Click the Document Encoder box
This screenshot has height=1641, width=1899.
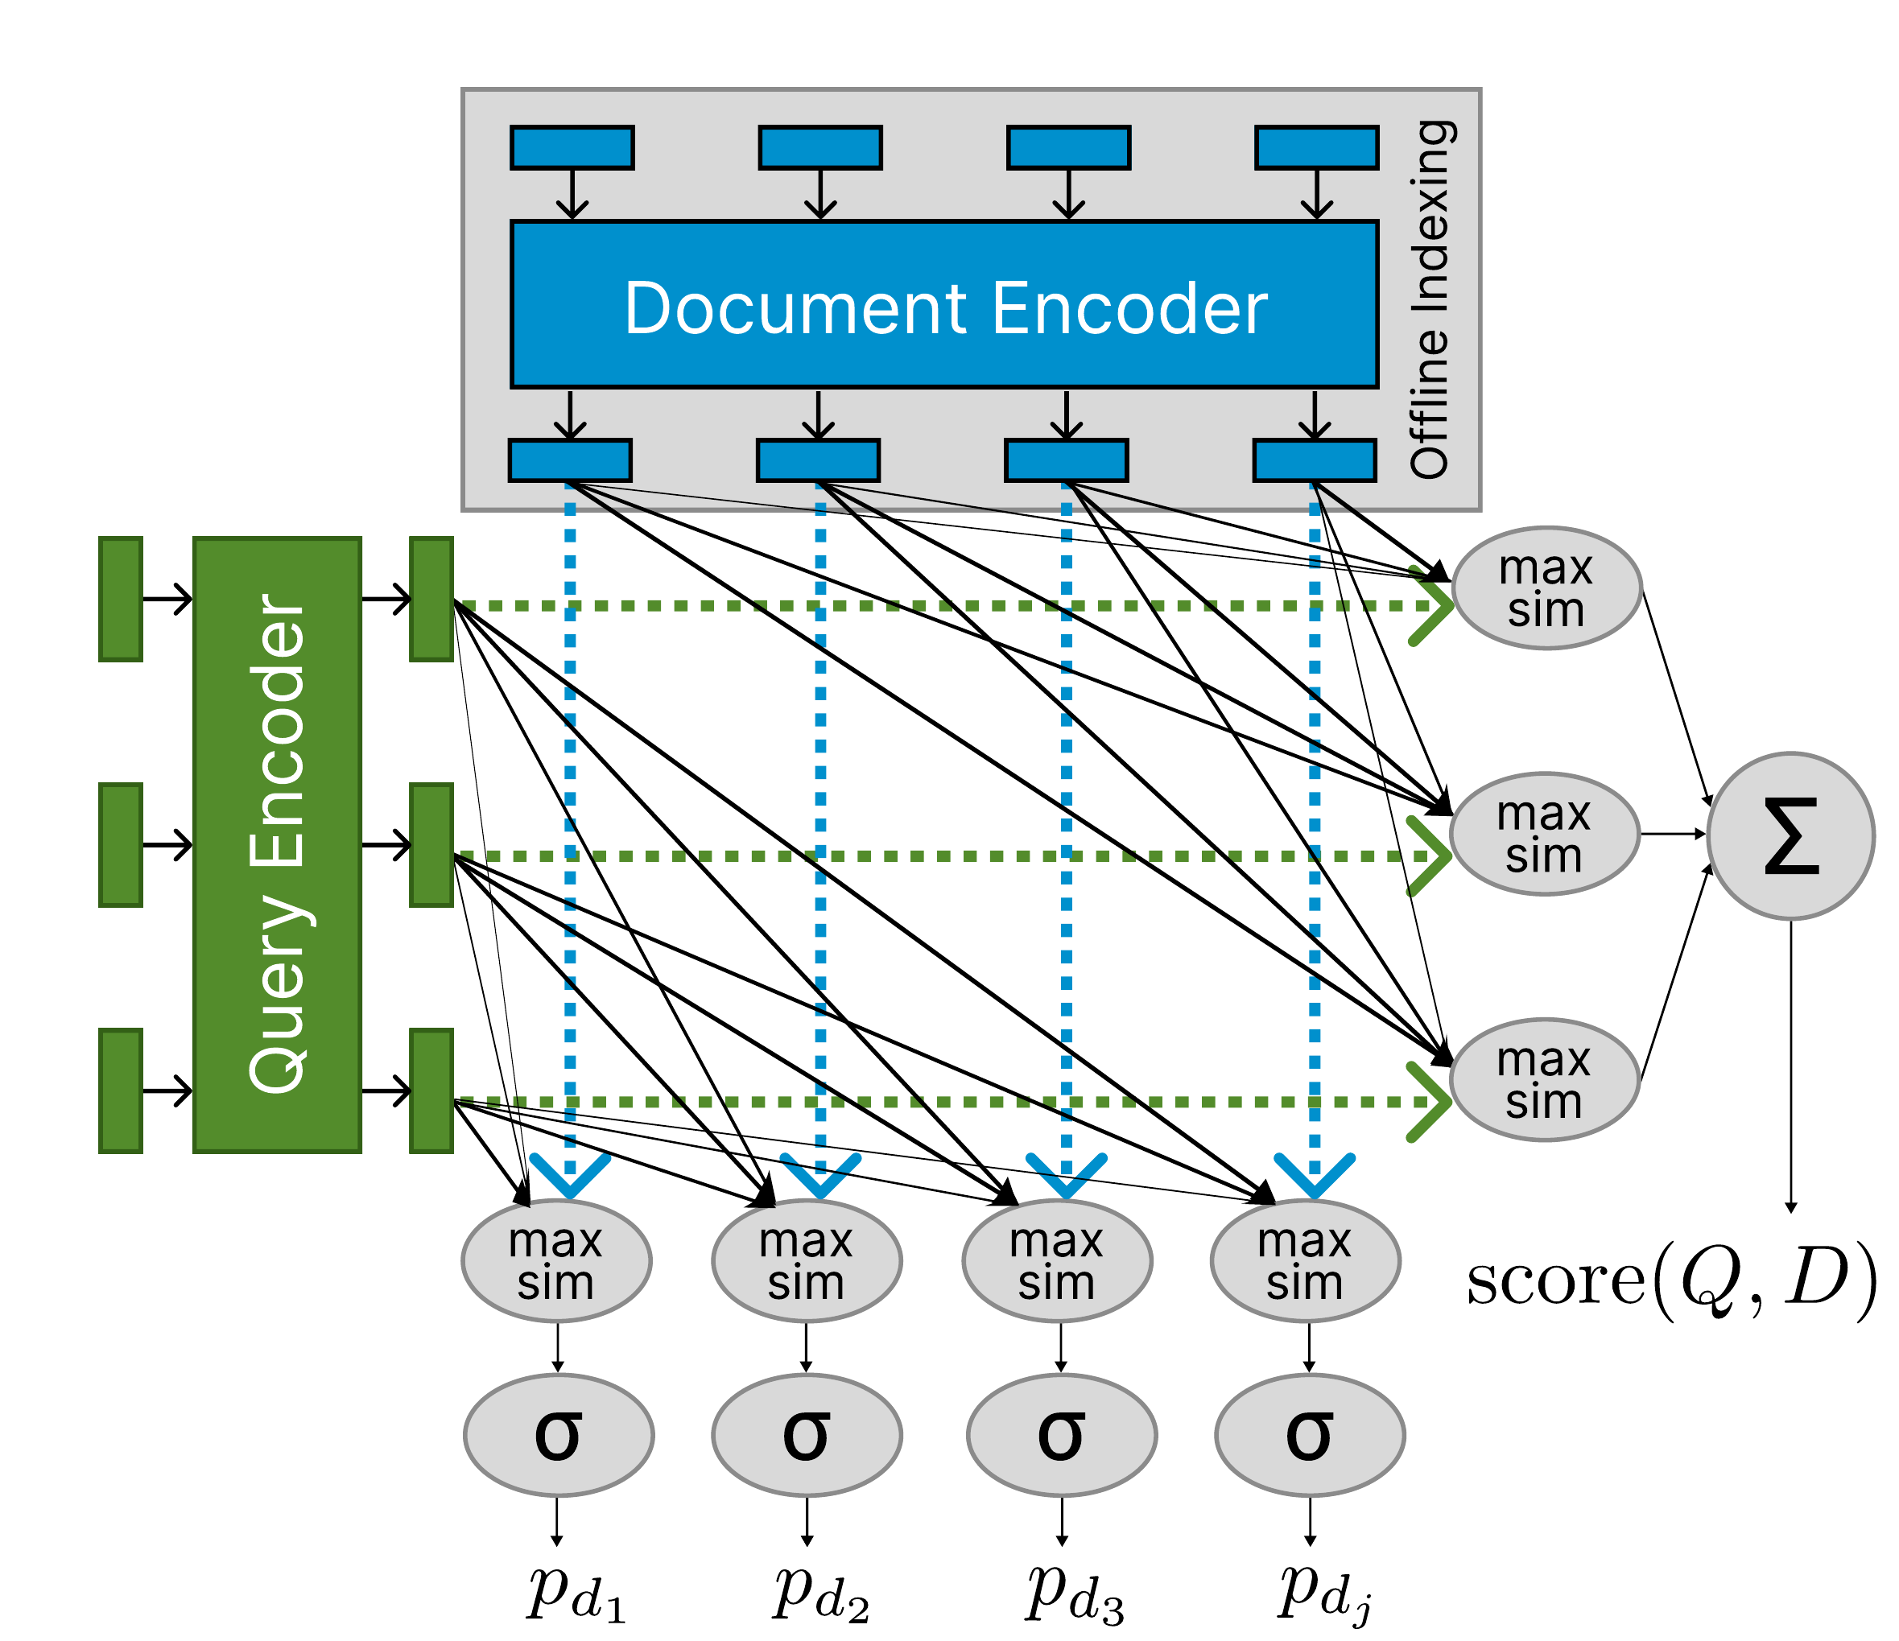pos(944,305)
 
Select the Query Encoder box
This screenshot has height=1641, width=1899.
pos(277,844)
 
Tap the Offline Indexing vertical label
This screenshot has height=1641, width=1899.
pos(1430,299)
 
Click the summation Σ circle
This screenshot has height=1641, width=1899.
pos(1791,835)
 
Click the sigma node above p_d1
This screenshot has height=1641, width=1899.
pos(558,1435)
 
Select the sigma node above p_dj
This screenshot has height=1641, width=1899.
pos(1310,1435)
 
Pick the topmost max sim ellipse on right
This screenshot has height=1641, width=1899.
pos(1546,588)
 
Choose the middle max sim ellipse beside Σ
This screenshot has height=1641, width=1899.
pos(1544,834)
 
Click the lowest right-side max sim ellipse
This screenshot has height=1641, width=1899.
pos(1544,1080)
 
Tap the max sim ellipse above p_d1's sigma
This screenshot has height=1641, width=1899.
pos(556,1261)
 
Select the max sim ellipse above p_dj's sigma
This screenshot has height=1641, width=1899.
pos(1305,1261)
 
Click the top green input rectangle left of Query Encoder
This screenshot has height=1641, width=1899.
pos(120,600)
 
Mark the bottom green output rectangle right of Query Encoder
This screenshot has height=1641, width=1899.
pos(431,1091)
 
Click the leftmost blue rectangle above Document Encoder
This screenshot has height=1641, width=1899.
pos(572,147)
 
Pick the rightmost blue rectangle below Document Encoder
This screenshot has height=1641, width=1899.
pos(1315,460)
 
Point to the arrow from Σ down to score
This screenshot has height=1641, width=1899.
pos(1791,1063)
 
